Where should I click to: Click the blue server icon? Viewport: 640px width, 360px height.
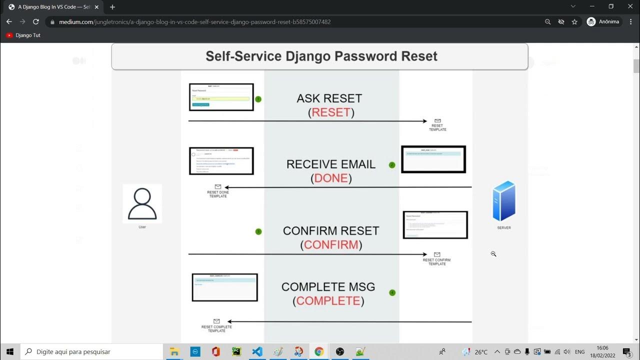503,201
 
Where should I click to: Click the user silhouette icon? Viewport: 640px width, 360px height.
142,203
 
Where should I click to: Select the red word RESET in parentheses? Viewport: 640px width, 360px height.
331,112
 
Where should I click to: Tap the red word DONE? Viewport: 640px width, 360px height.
331,178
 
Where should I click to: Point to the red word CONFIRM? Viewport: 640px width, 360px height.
331,245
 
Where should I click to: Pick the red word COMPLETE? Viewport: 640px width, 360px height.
328,301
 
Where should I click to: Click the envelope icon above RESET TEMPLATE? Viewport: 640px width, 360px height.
437,121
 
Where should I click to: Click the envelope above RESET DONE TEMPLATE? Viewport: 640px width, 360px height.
218,187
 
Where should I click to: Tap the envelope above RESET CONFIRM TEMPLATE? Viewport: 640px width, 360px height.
437,254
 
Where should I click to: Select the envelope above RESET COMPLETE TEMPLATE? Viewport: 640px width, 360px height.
216,321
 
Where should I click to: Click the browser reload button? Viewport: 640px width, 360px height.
36,22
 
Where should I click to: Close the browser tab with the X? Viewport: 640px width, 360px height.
96,7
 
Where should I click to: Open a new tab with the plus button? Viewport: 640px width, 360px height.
112,7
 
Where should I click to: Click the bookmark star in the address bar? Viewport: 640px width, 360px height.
574,22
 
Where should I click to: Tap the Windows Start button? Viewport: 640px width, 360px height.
10,351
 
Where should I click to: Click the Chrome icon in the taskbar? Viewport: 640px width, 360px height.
319,351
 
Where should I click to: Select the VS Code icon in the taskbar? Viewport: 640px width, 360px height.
257,351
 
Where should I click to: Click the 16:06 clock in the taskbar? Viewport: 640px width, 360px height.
602,351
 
